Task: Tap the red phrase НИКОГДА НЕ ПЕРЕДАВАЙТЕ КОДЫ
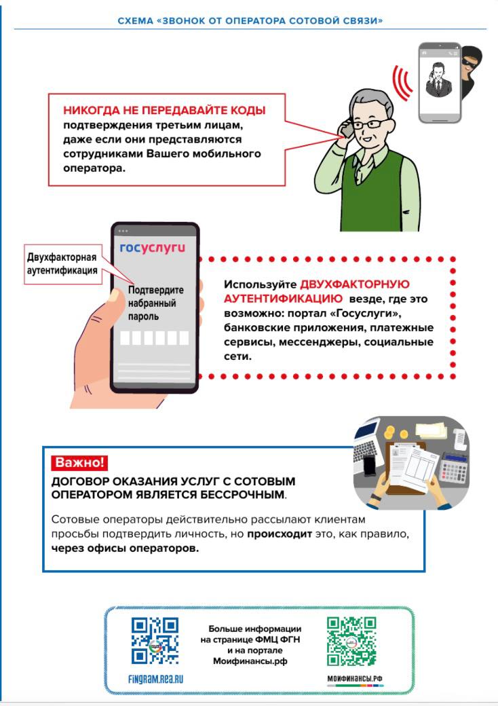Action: [164, 110]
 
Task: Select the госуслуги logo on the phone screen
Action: [152, 248]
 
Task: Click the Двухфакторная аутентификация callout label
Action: [62, 263]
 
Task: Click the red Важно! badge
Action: [79, 463]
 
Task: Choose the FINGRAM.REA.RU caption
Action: [156, 678]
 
